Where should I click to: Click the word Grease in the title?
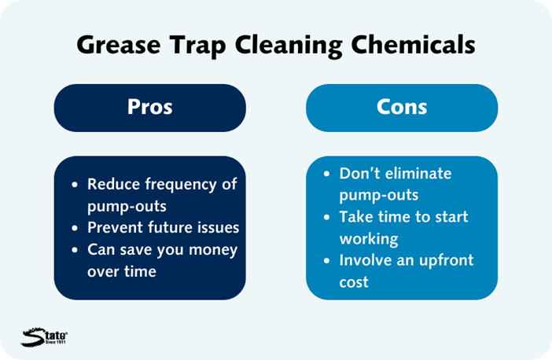point(119,45)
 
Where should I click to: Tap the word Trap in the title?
point(198,46)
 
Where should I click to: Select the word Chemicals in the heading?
point(414,44)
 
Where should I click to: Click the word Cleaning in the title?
point(289,46)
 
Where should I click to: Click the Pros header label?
point(150,107)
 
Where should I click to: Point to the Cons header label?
point(402,107)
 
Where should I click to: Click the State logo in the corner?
point(44,336)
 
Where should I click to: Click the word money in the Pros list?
point(213,251)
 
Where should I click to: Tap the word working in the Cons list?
point(369,240)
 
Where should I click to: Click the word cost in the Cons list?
point(354,283)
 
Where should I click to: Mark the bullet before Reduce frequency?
point(75,185)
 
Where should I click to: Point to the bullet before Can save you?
point(75,250)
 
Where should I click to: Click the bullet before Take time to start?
point(326,218)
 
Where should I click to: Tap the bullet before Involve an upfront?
point(326,261)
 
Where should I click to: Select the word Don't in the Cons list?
point(359,174)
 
